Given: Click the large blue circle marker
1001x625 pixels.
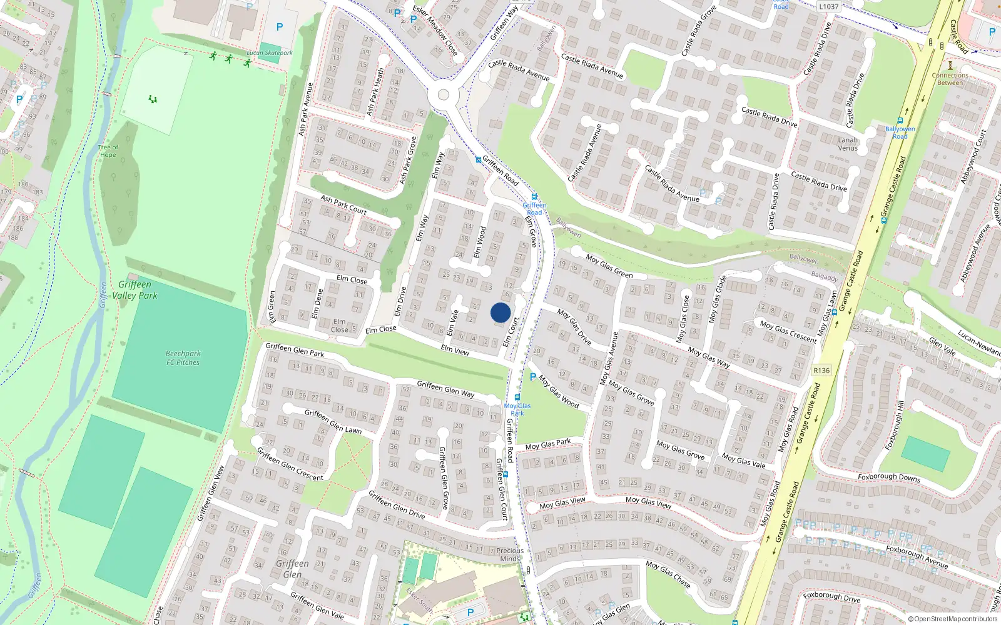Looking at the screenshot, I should (x=500, y=312).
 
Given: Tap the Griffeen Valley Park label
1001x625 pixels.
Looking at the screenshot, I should (x=135, y=290).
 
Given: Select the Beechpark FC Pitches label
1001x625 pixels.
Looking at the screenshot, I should (x=183, y=357).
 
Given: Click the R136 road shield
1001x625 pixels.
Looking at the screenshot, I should (x=821, y=371).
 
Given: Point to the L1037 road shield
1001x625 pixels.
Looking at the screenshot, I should (x=828, y=6).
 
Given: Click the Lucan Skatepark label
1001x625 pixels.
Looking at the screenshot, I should (x=270, y=53).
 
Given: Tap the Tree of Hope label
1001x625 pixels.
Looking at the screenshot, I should (x=108, y=151).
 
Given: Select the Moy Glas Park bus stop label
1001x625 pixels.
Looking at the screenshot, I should (x=517, y=409).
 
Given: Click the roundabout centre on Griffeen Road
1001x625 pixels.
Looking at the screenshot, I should (x=444, y=95).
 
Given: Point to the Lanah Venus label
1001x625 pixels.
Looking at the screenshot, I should (x=848, y=144).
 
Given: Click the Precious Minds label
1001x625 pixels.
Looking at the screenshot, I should (x=510, y=554).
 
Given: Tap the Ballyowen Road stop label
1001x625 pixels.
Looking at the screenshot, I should (x=900, y=132).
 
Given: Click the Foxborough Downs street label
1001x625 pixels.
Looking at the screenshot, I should (x=889, y=477).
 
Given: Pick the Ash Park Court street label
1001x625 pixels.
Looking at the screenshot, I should (x=343, y=204).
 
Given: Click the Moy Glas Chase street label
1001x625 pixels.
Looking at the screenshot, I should (x=668, y=574).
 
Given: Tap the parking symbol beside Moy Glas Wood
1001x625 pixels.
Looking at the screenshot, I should (x=533, y=377).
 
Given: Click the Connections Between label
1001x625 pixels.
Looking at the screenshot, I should (x=950, y=79).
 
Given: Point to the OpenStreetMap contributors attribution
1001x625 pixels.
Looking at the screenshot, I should (x=953, y=619).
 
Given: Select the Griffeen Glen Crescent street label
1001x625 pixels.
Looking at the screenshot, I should (x=290, y=466).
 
